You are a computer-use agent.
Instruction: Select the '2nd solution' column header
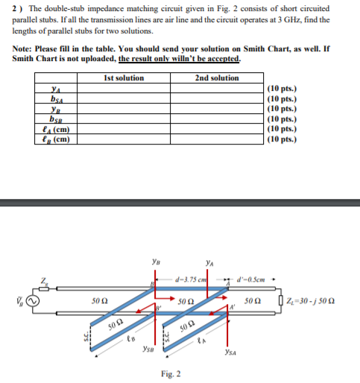(x=216, y=78)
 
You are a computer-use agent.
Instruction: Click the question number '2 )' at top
(x=17, y=7)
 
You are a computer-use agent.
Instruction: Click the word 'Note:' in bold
(x=23, y=48)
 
